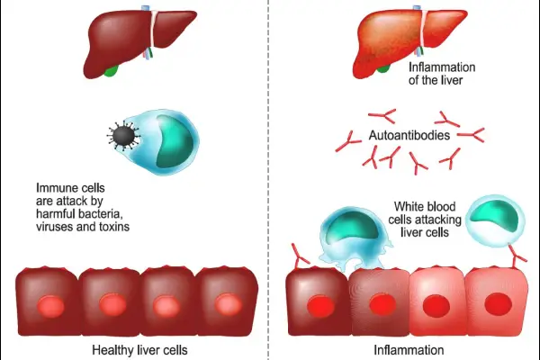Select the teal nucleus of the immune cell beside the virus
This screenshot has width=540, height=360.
click(166, 142)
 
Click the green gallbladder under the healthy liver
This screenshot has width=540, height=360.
click(112, 68)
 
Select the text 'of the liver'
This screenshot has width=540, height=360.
click(441, 81)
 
